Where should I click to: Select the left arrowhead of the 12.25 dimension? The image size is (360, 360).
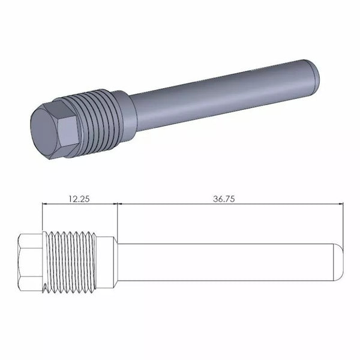tap(45, 204)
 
